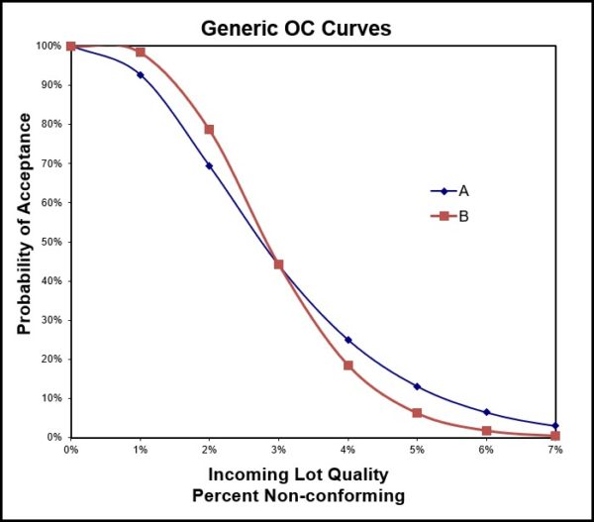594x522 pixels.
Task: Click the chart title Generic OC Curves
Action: tap(296, 28)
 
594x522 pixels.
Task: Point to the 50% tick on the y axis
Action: tap(49, 242)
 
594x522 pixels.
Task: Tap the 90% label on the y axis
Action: tap(49, 85)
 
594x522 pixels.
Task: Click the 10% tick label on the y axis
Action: tap(49, 398)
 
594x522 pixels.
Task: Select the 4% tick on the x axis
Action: tap(347, 450)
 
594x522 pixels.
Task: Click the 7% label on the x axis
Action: tap(555, 450)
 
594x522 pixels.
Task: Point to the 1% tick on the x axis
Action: tap(140, 450)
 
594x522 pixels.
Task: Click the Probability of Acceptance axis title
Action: tap(24, 223)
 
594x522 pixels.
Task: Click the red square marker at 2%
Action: tap(209, 130)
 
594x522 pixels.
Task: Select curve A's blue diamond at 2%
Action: tap(209, 165)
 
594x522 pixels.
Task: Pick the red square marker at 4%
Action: tap(347, 365)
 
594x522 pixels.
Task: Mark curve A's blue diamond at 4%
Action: tap(347, 340)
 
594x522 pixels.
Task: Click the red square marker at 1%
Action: tap(141, 52)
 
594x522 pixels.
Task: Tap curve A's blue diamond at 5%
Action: tap(417, 386)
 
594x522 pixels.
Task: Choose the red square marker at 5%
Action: tap(417, 412)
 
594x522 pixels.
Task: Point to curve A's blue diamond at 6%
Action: tap(486, 412)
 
